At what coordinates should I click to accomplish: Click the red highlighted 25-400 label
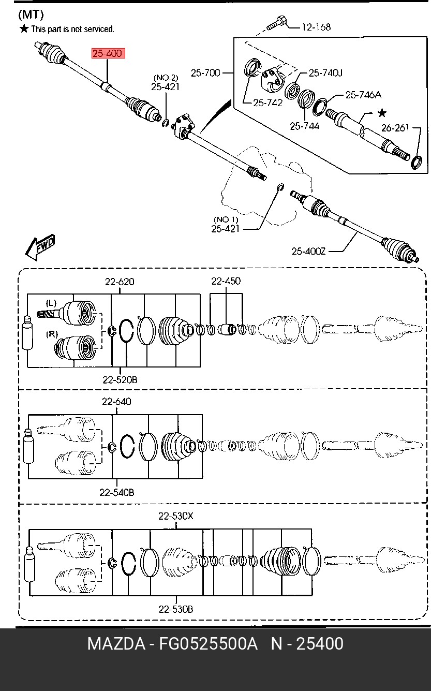(108, 53)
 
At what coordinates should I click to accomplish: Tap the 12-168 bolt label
(316, 27)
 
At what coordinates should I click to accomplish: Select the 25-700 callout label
(205, 73)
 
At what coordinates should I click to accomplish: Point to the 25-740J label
(325, 73)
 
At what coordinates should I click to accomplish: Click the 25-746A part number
(363, 95)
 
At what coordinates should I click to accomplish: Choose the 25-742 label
(267, 102)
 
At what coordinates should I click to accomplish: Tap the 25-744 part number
(304, 126)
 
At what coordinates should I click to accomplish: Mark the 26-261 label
(395, 128)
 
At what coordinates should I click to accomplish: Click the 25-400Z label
(308, 252)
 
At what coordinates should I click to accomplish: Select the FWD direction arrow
(40, 247)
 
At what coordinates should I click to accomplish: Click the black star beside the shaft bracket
(382, 113)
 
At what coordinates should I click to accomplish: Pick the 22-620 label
(120, 282)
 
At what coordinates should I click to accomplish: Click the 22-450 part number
(226, 281)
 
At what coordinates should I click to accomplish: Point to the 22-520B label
(120, 380)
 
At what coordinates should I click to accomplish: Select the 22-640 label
(116, 401)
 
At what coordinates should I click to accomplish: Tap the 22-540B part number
(116, 492)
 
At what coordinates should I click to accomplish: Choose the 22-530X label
(176, 516)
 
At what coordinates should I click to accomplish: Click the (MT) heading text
(31, 14)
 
